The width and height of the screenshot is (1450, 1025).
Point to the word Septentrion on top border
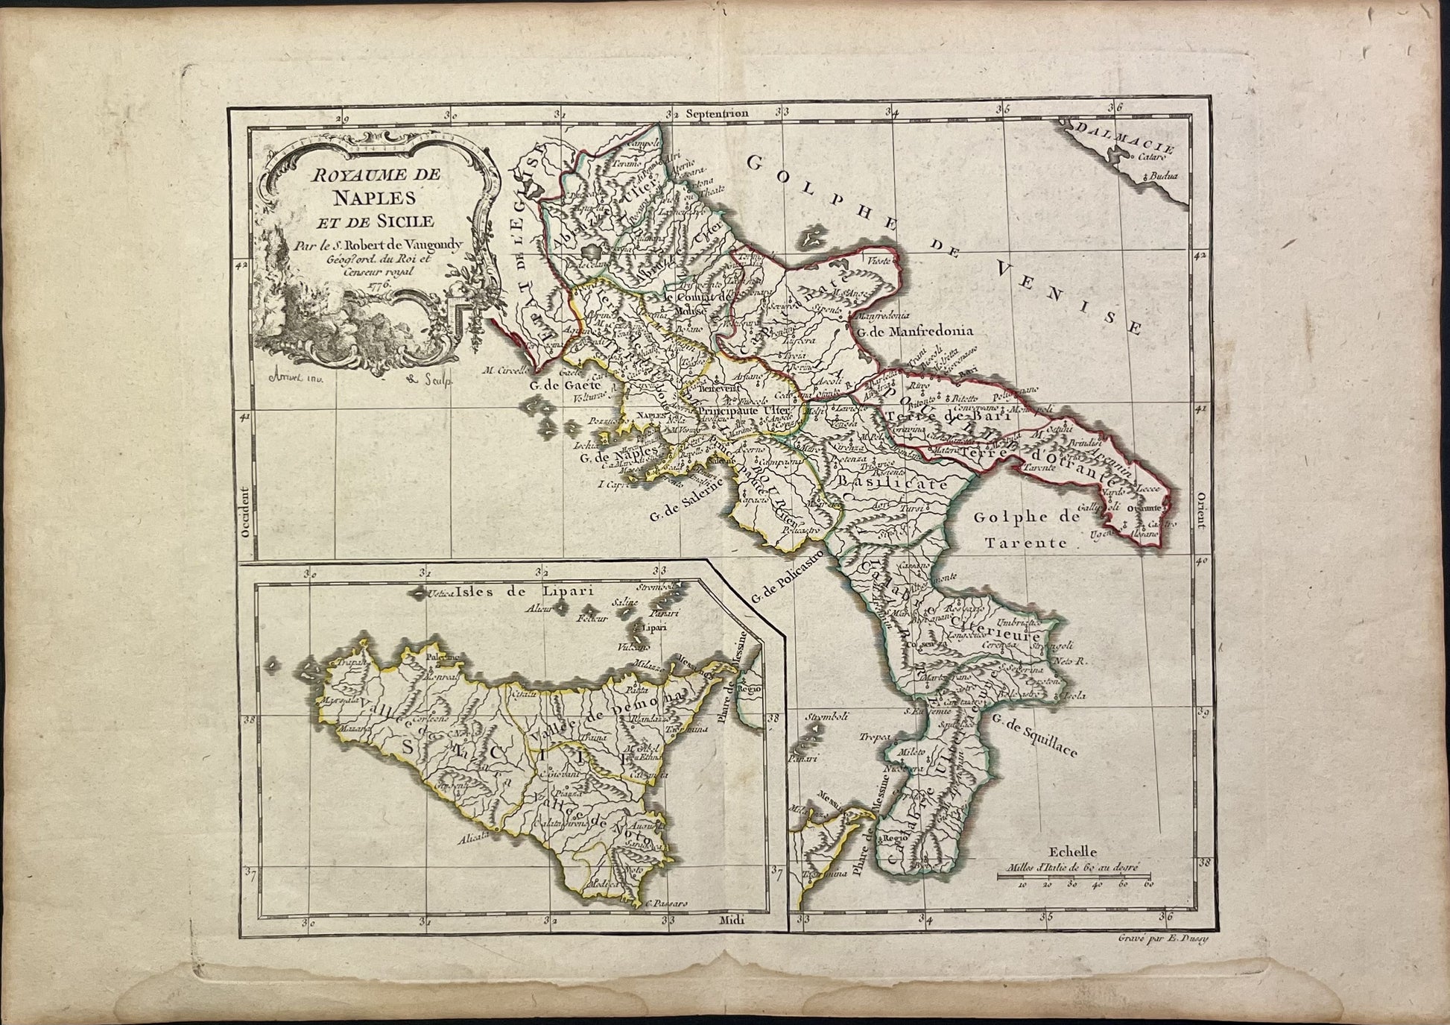tap(717, 114)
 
